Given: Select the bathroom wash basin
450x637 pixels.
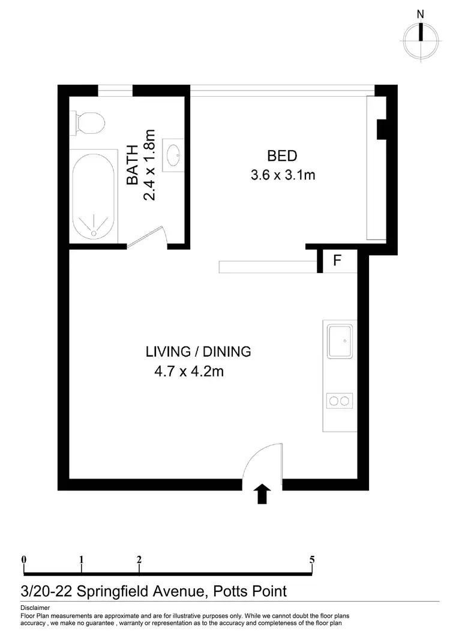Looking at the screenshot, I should [175, 155].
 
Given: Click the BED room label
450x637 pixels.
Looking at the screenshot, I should [282, 156].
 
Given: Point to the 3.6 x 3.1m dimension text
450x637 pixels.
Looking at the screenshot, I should [283, 175].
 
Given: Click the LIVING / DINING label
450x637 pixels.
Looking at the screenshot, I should [199, 352].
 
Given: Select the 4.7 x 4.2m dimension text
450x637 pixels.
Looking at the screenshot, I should [189, 372].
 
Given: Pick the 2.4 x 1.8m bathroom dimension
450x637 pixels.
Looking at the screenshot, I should [150, 165].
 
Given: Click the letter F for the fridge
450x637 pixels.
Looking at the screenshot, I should [337, 261].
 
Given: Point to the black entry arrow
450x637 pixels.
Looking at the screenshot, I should [262, 495].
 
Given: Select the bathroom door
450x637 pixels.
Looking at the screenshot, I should [146, 237].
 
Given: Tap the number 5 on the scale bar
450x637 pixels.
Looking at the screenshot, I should [312, 560].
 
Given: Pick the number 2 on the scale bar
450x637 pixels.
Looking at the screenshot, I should [139, 560].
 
